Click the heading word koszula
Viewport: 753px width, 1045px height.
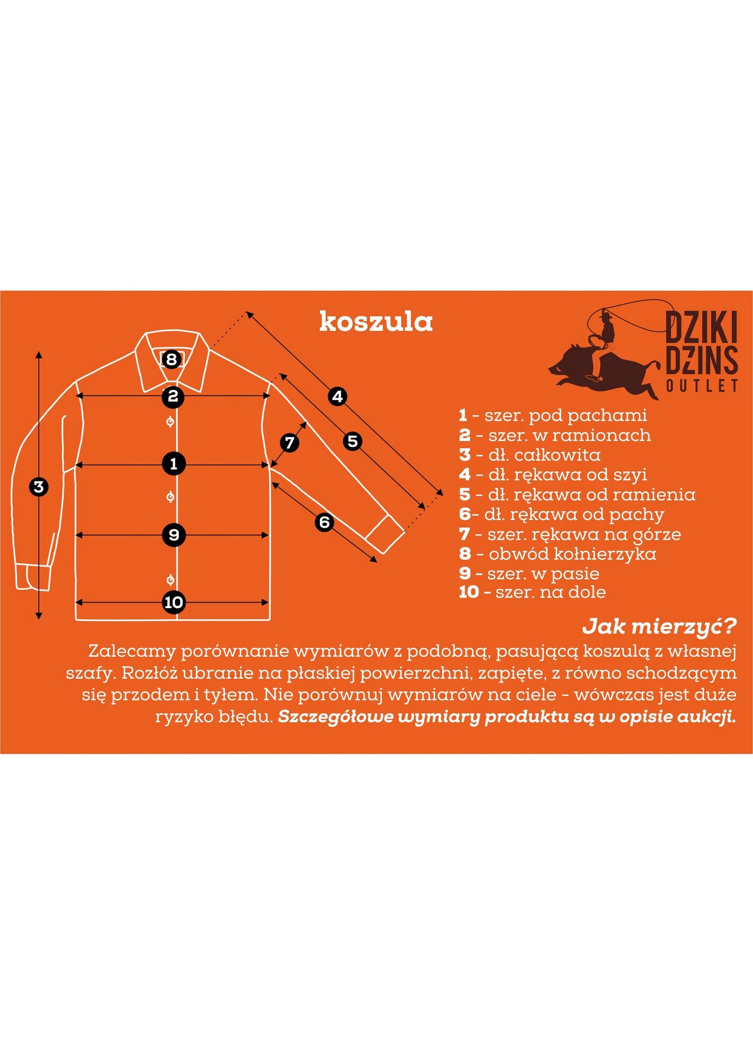[x=376, y=322]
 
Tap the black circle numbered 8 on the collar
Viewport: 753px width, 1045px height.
[x=172, y=359]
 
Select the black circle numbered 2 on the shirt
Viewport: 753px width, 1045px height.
[x=173, y=396]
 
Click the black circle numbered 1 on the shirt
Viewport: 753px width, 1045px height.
[x=174, y=463]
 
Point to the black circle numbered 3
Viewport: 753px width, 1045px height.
[x=38, y=487]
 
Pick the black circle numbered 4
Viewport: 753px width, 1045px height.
[x=338, y=397]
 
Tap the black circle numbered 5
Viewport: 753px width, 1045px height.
[x=353, y=442]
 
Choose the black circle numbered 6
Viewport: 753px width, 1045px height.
[x=325, y=522]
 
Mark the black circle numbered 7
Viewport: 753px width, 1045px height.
[x=290, y=443]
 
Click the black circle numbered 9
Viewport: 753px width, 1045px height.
[x=174, y=535]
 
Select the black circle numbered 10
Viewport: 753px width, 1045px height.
[x=174, y=602]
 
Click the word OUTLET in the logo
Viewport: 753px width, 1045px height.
[x=702, y=386]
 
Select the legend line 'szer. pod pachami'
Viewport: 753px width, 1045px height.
[x=553, y=416]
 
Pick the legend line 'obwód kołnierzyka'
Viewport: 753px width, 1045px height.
[x=557, y=554]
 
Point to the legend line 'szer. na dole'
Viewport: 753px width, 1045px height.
[x=532, y=593]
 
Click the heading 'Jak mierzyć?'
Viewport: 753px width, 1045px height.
[x=660, y=626]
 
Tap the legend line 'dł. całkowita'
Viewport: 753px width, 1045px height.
[x=530, y=455]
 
